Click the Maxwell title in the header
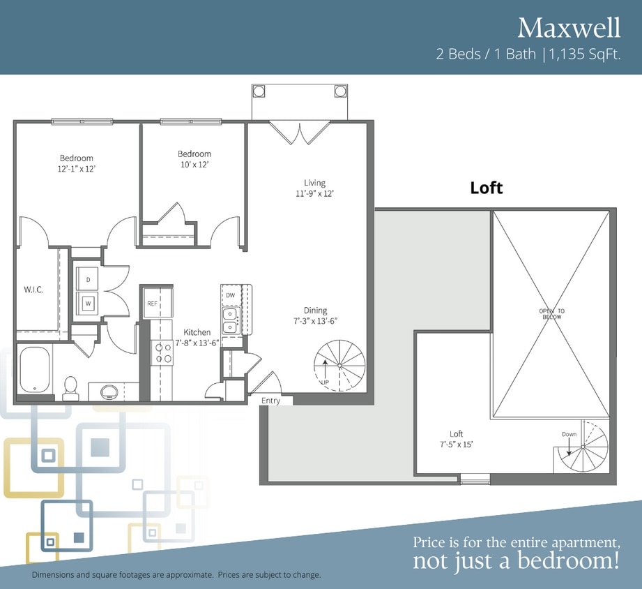coord(569,28)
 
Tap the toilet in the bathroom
coord(70,388)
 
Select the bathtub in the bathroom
coord(35,370)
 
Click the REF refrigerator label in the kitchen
coord(153,304)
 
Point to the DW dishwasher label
coord(231,295)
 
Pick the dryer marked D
coord(88,279)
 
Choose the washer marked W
coord(88,304)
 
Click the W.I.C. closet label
coord(33,290)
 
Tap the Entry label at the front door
coord(270,401)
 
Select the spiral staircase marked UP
coord(340,365)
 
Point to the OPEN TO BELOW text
coord(551,314)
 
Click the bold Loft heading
coord(487,188)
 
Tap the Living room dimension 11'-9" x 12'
coord(314,194)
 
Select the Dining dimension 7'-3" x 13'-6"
coord(315,321)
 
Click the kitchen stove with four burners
coord(162,353)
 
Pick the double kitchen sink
coord(230,321)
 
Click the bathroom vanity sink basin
coord(109,392)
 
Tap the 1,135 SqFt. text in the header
coord(585,54)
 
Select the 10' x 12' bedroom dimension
coord(194,165)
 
